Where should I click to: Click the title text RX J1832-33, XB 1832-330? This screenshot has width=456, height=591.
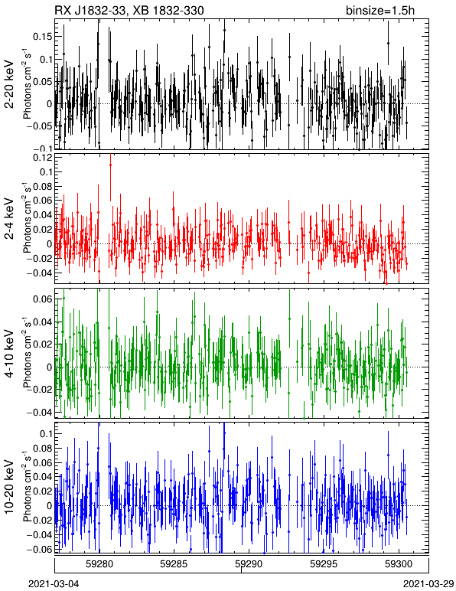tap(129, 10)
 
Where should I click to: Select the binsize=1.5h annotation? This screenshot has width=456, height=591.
tap(380, 10)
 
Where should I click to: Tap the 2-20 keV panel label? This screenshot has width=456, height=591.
tap(9, 85)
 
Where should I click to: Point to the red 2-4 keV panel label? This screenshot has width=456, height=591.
tap(9, 220)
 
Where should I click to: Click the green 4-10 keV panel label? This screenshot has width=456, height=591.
tap(9, 354)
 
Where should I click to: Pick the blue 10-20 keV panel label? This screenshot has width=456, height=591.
tap(9, 487)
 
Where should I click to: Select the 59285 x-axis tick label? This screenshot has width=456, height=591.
tap(173, 564)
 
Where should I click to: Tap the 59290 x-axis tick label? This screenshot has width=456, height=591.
tap(248, 564)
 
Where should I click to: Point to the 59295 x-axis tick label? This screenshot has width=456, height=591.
tap(323, 564)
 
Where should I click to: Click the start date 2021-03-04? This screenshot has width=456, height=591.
tap(54, 584)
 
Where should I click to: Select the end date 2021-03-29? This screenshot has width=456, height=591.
tap(428, 584)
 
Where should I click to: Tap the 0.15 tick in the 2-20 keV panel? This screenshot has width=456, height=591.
tap(43, 37)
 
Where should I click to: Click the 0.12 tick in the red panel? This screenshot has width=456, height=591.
tap(43, 158)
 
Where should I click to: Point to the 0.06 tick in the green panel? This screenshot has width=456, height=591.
tap(43, 299)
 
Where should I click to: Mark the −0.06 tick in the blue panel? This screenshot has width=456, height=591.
tap(39, 549)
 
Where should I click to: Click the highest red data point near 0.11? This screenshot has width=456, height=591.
tap(110, 165)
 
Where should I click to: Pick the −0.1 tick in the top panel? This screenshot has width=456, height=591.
tap(42, 148)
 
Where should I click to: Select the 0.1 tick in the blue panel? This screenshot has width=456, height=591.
tap(45, 433)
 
